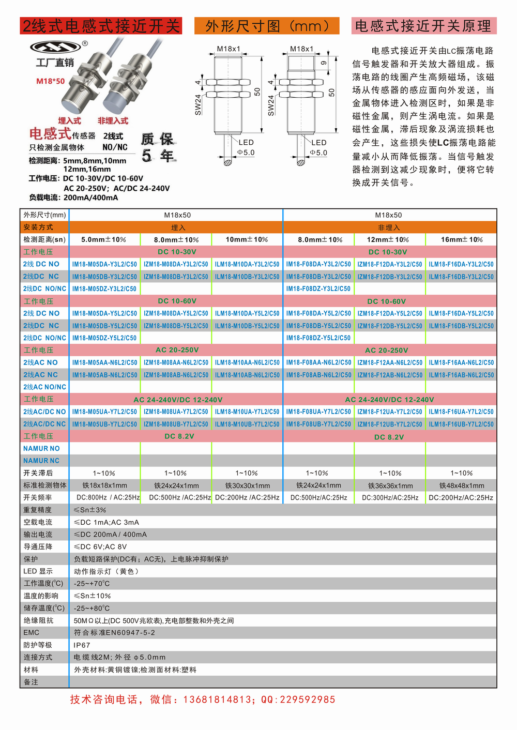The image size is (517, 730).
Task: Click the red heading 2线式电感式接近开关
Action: [x=101, y=26]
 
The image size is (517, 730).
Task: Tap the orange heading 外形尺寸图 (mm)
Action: [x=267, y=26]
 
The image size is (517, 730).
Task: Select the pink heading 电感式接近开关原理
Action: [x=423, y=26]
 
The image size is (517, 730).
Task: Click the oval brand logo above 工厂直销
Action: [x=55, y=47]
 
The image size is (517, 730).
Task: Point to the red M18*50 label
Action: [x=51, y=81]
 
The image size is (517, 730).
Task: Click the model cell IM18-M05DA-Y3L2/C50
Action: [x=104, y=264]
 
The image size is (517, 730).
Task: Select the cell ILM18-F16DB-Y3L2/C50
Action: [x=461, y=277]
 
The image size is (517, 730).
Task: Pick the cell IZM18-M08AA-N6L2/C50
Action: [x=176, y=362]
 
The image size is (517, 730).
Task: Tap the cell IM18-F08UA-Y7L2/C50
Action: [x=318, y=412]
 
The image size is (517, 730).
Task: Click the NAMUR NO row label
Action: [x=41, y=448]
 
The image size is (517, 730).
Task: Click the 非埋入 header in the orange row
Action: [x=389, y=227]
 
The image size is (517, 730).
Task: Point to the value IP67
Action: [x=82, y=645]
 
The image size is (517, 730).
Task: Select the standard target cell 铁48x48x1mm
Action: [x=462, y=485]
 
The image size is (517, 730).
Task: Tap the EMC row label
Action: [x=31, y=632]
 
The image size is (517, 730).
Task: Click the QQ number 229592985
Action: [x=307, y=699]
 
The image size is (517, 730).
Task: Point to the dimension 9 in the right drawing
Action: [x=324, y=63]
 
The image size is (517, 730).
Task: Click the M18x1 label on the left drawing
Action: [x=229, y=49]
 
